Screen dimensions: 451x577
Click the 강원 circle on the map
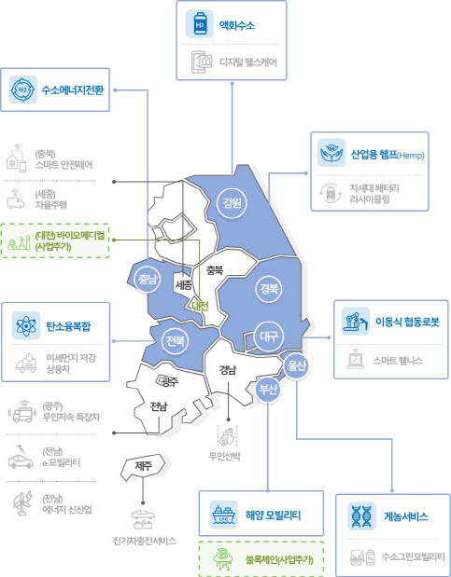click(x=232, y=203)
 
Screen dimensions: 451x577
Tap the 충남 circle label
click(x=148, y=280)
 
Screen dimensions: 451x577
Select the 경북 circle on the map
click(x=269, y=289)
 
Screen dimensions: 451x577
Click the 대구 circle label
click(x=269, y=336)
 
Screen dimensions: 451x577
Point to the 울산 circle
click(x=296, y=366)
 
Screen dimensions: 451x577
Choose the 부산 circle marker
click(x=268, y=390)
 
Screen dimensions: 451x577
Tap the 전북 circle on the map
click(x=175, y=340)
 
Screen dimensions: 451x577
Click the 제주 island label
click(x=144, y=466)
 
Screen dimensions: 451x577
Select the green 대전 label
click(x=200, y=306)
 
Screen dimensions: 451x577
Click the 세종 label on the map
click(x=183, y=284)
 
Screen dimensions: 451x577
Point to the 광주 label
click(x=169, y=382)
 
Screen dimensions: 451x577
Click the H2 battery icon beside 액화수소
click(x=200, y=24)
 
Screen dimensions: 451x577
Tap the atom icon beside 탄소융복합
click(x=26, y=325)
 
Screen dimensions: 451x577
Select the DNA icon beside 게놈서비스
click(x=361, y=515)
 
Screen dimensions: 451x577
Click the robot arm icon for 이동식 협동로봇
click(x=356, y=322)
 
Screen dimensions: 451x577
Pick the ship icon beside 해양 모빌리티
click(x=223, y=515)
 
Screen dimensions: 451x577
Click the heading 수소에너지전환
click(x=73, y=89)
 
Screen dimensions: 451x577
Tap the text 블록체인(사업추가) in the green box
click(x=279, y=560)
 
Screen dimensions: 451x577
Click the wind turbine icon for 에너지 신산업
click(x=22, y=503)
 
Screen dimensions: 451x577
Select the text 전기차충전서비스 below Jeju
click(x=144, y=541)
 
